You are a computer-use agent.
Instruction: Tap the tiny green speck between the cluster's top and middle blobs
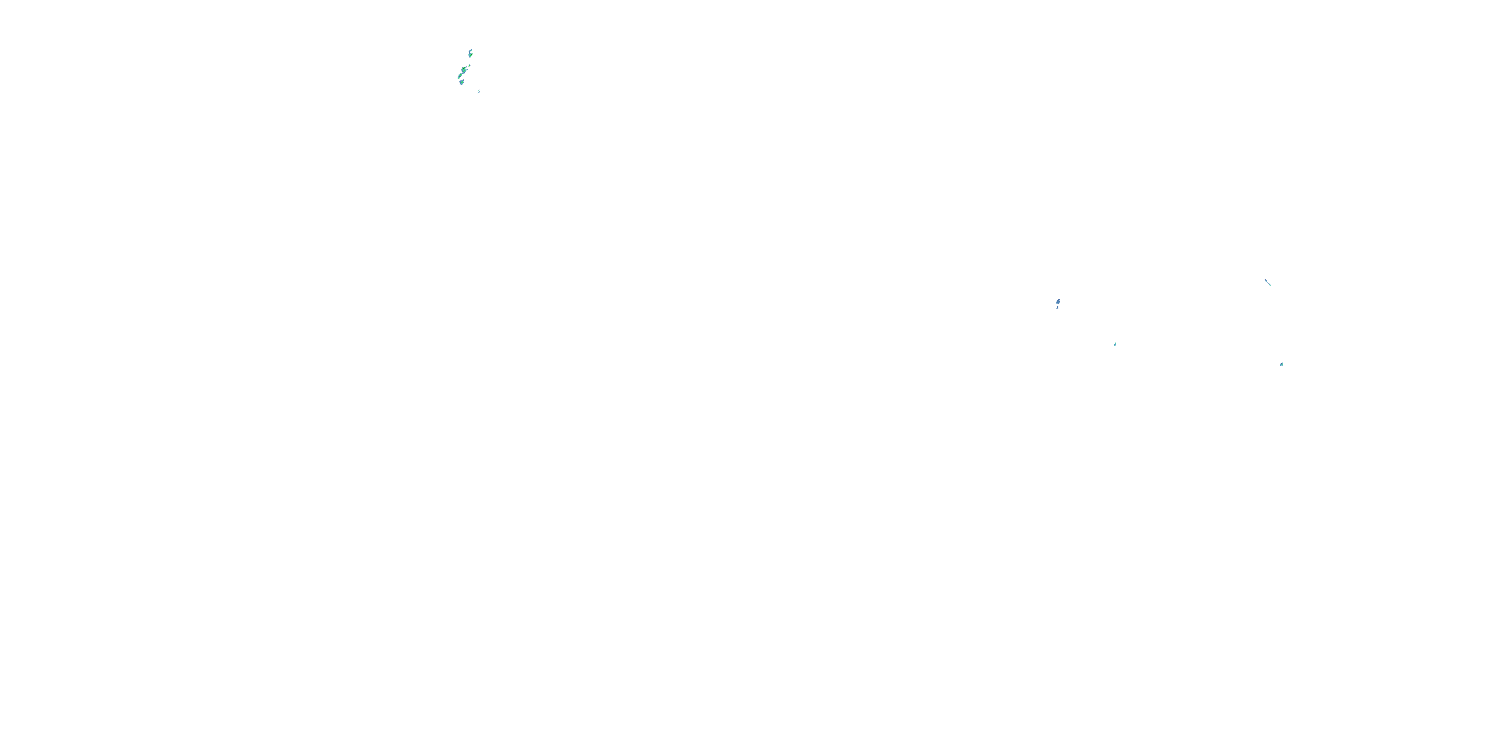click(470, 66)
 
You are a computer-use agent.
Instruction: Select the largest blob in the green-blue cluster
click(464, 70)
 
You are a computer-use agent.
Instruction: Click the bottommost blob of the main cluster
click(462, 82)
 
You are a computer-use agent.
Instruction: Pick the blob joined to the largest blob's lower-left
click(460, 75)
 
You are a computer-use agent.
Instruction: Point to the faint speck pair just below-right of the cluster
click(479, 92)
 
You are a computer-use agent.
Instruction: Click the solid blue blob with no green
click(1058, 302)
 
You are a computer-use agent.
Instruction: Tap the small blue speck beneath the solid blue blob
click(1057, 308)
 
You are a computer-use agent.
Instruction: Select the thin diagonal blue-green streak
click(1268, 283)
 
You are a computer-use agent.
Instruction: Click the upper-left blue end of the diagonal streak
click(1266, 280)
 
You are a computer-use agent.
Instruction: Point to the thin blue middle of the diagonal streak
click(1268, 283)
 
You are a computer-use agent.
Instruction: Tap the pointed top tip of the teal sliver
click(1116, 343)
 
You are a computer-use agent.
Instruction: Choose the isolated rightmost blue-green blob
click(1282, 365)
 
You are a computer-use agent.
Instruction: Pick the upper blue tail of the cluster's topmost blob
click(471, 50)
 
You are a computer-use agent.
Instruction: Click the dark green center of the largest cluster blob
click(464, 68)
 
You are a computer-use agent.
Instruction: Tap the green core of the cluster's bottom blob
click(462, 82)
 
